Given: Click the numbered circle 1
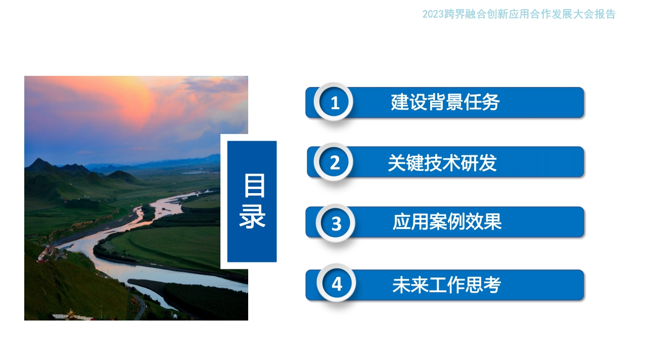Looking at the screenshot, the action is click(334, 102).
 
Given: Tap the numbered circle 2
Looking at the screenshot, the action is click(334, 162).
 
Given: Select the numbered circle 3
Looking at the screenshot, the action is click(336, 223).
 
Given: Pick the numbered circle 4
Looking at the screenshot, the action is click(337, 283).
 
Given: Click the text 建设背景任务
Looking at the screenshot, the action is click(445, 102).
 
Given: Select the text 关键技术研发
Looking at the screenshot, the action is click(442, 163).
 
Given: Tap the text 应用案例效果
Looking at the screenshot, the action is click(447, 222).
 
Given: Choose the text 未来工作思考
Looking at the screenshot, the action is click(446, 285).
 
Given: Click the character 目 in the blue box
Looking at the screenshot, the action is click(254, 186).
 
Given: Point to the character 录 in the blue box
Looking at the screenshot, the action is click(252, 217).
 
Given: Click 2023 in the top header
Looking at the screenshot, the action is click(433, 14).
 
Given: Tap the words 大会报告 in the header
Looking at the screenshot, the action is click(594, 14).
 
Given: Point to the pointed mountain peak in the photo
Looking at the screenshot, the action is click(38, 160).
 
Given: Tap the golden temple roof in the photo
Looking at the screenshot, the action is click(70, 313).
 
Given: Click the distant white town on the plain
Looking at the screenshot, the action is click(199, 172).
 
